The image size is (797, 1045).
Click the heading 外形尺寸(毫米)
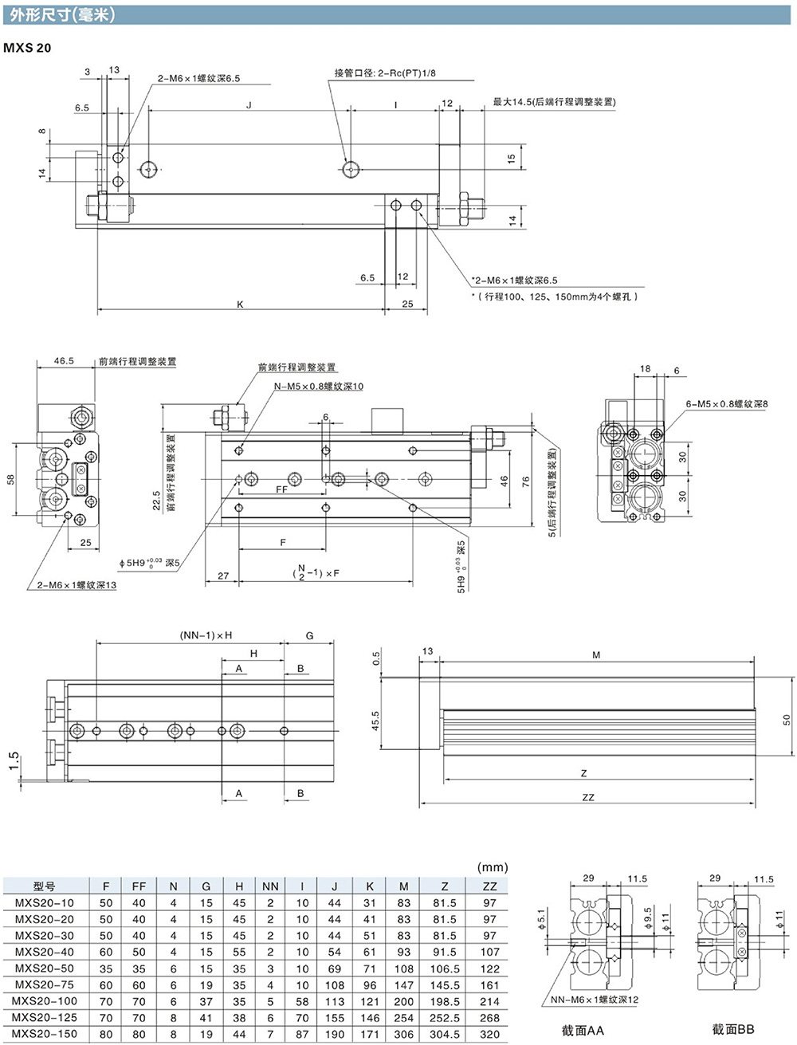click(63, 14)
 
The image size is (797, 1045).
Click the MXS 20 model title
click(27, 48)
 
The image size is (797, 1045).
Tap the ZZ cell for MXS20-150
click(489, 1034)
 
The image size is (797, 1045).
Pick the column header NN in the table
click(270, 886)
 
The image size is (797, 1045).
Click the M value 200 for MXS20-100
click(404, 1001)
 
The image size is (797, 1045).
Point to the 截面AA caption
click(583, 1030)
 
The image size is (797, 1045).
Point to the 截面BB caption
click(732, 1030)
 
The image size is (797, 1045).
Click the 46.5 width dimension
click(64, 361)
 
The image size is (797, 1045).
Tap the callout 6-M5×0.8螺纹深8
click(727, 404)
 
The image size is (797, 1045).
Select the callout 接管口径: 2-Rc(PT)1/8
click(385, 73)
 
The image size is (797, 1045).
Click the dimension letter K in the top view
click(240, 304)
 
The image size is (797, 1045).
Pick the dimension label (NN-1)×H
click(206, 635)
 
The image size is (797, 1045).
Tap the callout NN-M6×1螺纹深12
click(595, 1000)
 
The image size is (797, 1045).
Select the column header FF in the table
click(139, 886)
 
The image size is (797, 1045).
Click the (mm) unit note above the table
click(492, 867)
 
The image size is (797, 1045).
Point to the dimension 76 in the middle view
click(526, 481)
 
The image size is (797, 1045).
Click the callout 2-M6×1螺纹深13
click(77, 585)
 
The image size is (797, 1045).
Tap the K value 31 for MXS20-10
click(370, 903)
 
